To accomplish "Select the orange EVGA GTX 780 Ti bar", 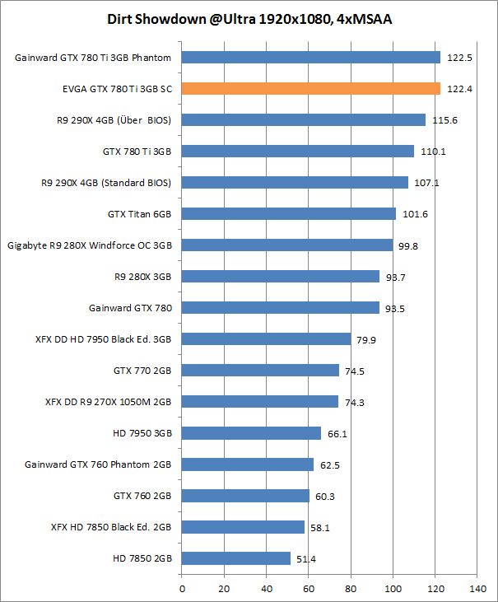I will click(311, 89).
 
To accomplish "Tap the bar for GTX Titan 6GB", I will click(289, 214).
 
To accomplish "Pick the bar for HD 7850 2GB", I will click(236, 558).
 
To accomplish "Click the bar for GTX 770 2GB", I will click(260, 371).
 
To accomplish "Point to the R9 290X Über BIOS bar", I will click(304, 120).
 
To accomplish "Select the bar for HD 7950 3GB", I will click(251, 433).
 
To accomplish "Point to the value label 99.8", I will click(410, 245).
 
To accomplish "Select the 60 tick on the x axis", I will click(309, 589).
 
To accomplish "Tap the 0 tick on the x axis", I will click(182, 589).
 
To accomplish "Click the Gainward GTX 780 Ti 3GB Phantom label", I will click(93, 58).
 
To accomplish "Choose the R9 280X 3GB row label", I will click(137, 277).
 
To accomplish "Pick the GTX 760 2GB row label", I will click(142, 496).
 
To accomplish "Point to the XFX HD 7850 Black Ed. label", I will click(111, 527).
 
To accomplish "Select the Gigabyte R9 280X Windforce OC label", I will click(90, 245).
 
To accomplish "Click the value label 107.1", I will click(426, 183).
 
